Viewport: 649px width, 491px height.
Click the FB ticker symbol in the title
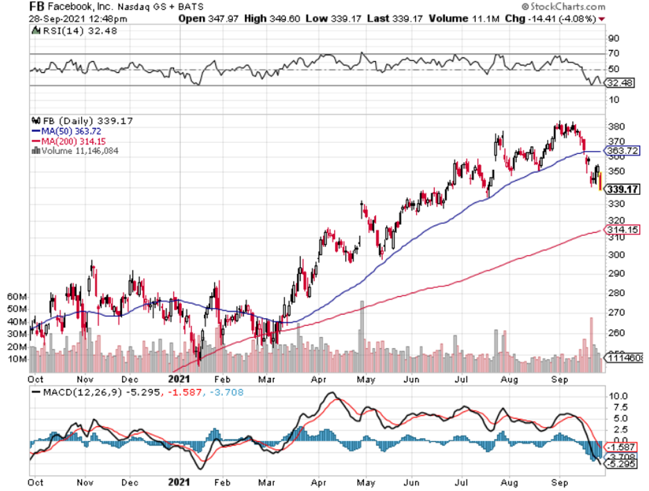point(37,6)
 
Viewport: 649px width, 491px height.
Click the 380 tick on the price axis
point(614,127)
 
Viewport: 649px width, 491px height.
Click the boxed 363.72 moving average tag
point(621,150)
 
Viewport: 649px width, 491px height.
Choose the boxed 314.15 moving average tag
point(621,230)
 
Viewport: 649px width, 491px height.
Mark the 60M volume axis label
point(17,296)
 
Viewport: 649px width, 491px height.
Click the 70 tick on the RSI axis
point(614,53)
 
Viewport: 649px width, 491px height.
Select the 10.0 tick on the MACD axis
point(617,395)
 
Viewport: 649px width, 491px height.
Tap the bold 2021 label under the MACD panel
point(180,480)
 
